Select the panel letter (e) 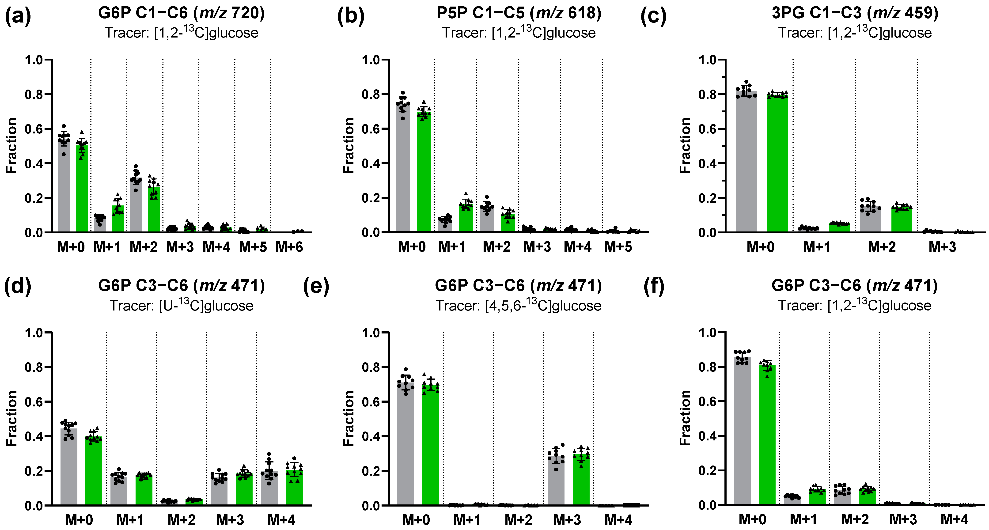point(316,287)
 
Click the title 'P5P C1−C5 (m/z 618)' point(519,13)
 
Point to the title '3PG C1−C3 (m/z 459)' point(855,13)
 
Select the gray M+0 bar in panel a point(64,184)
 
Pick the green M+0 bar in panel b point(424,173)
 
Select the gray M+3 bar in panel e point(556,480)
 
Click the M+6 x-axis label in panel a point(289,247)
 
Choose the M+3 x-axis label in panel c point(942,247)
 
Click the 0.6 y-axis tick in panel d point(34,402)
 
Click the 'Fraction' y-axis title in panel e point(349,418)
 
